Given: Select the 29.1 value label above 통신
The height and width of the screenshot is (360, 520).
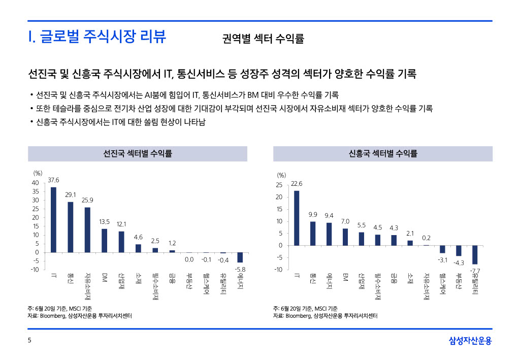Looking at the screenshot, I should pyautogui.click(x=71, y=194).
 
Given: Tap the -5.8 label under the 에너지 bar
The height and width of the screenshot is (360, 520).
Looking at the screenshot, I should pyautogui.click(x=240, y=268).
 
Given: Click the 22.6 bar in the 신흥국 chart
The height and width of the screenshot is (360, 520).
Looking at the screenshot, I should pyautogui.click(x=297, y=218).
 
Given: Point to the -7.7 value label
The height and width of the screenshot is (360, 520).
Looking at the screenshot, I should pyautogui.click(x=475, y=270).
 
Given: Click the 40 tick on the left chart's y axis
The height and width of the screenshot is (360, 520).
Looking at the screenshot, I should pyautogui.click(x=35, y=183).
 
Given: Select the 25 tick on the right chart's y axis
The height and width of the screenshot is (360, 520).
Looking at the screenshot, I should pyautogui.click(x=279, y=185).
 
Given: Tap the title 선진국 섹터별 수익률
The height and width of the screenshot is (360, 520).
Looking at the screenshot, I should pyautogui.click(x=137, y=153).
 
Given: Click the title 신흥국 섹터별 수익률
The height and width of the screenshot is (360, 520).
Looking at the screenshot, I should pyautogui.click(x=383, y=153).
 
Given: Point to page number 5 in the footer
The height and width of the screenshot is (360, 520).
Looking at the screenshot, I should pyautogui.click(x=29, y=341).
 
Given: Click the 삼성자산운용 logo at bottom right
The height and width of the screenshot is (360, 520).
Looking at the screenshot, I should pyautogui.click(x=470, y=341).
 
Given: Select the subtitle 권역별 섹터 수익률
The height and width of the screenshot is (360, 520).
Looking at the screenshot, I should pyautogui.click(x=263, y=39).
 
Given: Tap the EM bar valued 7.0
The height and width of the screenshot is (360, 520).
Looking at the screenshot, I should pyautogui.click(x=345, y=237).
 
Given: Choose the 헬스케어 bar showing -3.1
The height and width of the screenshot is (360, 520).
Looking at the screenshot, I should pyautogui.click(x=442, y=249).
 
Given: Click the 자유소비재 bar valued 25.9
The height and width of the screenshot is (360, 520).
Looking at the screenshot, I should pyautogui.click(x=87, y=230).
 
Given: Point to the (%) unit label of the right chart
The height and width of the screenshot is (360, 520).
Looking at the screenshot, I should pyautogui.click(x=281, y=175).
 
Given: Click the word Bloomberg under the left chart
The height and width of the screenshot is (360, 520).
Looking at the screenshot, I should pyautogui.click(x=52, y=316).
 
